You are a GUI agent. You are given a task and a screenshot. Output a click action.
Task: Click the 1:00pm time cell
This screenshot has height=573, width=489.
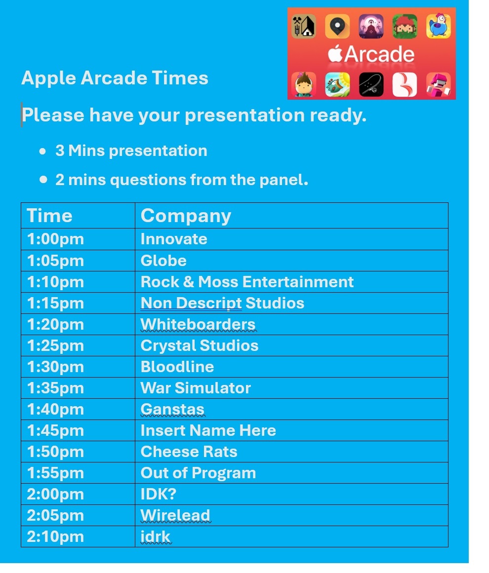point(55,239)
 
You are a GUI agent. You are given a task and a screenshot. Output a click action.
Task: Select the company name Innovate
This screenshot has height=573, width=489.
point(174,239)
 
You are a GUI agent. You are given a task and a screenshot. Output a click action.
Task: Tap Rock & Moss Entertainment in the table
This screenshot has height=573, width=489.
point(247,282)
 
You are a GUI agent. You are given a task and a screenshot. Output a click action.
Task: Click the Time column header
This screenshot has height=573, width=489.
point(49,215)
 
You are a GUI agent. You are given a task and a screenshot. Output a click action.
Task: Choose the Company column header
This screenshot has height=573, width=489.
point(186,216)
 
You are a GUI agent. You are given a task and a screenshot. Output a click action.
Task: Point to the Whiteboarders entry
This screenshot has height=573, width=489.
point(198,324)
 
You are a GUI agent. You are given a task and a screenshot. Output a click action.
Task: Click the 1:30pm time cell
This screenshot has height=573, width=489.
point(55,367)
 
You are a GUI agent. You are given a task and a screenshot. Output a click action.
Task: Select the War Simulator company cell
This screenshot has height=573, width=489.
point(196,388)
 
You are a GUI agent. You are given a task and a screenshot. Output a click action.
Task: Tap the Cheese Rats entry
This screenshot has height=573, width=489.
point(189,452)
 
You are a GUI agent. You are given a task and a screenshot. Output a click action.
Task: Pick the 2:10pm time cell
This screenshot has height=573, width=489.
point(55,537)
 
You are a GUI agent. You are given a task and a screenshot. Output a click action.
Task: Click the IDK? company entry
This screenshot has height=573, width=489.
point(159,494)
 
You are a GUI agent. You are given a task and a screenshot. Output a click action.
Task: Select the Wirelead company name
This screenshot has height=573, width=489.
point(175,515)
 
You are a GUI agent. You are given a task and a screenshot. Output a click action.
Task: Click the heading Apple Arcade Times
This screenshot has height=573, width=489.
point(115,78)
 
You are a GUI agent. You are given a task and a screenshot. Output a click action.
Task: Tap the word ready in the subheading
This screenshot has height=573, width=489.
point(338,115)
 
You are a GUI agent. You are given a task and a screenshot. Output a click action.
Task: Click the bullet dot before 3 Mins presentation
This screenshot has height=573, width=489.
point(43,151)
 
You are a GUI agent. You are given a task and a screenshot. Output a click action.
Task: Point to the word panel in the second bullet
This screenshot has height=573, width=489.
point(284,180)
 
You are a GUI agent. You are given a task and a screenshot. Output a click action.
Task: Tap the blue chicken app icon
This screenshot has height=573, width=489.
point(438,26)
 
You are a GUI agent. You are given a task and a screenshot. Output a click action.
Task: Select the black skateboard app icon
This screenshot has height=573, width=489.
point(371,84)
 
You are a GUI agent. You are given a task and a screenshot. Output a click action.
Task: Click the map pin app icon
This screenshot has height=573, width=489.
point(337,26)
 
